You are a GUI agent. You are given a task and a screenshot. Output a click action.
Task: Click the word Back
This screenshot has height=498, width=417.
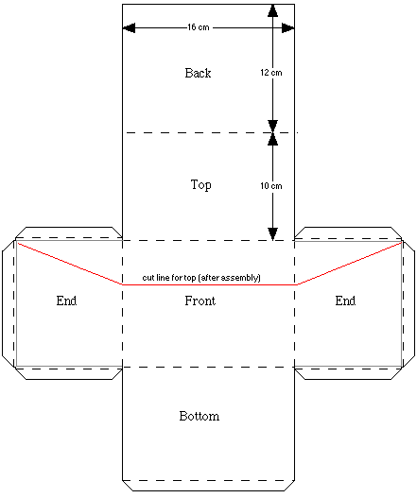click(198, 73)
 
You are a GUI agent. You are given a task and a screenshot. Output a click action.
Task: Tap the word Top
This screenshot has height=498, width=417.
click(200, 185)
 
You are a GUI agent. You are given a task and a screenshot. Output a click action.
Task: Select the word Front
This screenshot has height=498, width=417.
click(200, 301)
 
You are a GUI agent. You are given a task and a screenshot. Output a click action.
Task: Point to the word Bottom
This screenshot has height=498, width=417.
click(200, 416)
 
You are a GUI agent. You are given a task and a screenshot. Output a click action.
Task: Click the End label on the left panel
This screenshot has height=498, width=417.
click(66, 301)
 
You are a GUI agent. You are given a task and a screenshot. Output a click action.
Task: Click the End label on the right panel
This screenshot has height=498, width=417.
click(345, 301)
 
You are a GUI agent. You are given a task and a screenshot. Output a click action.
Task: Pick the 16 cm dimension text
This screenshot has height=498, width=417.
click(199, 27)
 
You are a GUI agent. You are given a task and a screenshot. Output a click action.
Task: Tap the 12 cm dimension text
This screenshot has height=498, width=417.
click(271, 73)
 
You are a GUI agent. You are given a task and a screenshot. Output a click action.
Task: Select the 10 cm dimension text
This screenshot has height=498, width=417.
click(271, 186)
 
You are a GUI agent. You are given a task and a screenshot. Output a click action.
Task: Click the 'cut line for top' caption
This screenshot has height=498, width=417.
click(201, 278)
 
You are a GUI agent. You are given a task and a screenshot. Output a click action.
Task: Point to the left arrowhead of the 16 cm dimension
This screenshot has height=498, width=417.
click(129, 28)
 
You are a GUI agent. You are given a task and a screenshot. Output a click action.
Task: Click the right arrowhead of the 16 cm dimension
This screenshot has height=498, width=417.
click(288, 28)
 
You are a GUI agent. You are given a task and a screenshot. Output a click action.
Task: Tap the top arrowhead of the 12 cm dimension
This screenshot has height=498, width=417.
click(272, 10)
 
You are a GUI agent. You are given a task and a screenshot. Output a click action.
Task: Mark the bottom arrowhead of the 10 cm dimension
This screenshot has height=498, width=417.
click(272, 234)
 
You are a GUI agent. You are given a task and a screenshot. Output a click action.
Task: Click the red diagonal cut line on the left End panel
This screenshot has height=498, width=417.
click(70, 264)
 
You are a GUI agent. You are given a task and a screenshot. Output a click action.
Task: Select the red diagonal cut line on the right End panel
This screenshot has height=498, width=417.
click(350, 264)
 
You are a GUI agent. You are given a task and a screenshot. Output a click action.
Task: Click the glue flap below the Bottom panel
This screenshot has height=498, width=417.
click(208, 486)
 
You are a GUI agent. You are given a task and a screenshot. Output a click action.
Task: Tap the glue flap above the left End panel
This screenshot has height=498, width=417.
click(69, 232)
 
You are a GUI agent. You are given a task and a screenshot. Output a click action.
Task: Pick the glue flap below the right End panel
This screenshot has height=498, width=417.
click(348, 374)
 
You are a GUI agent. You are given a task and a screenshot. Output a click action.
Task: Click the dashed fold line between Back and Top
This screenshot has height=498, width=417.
click(211, 132)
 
